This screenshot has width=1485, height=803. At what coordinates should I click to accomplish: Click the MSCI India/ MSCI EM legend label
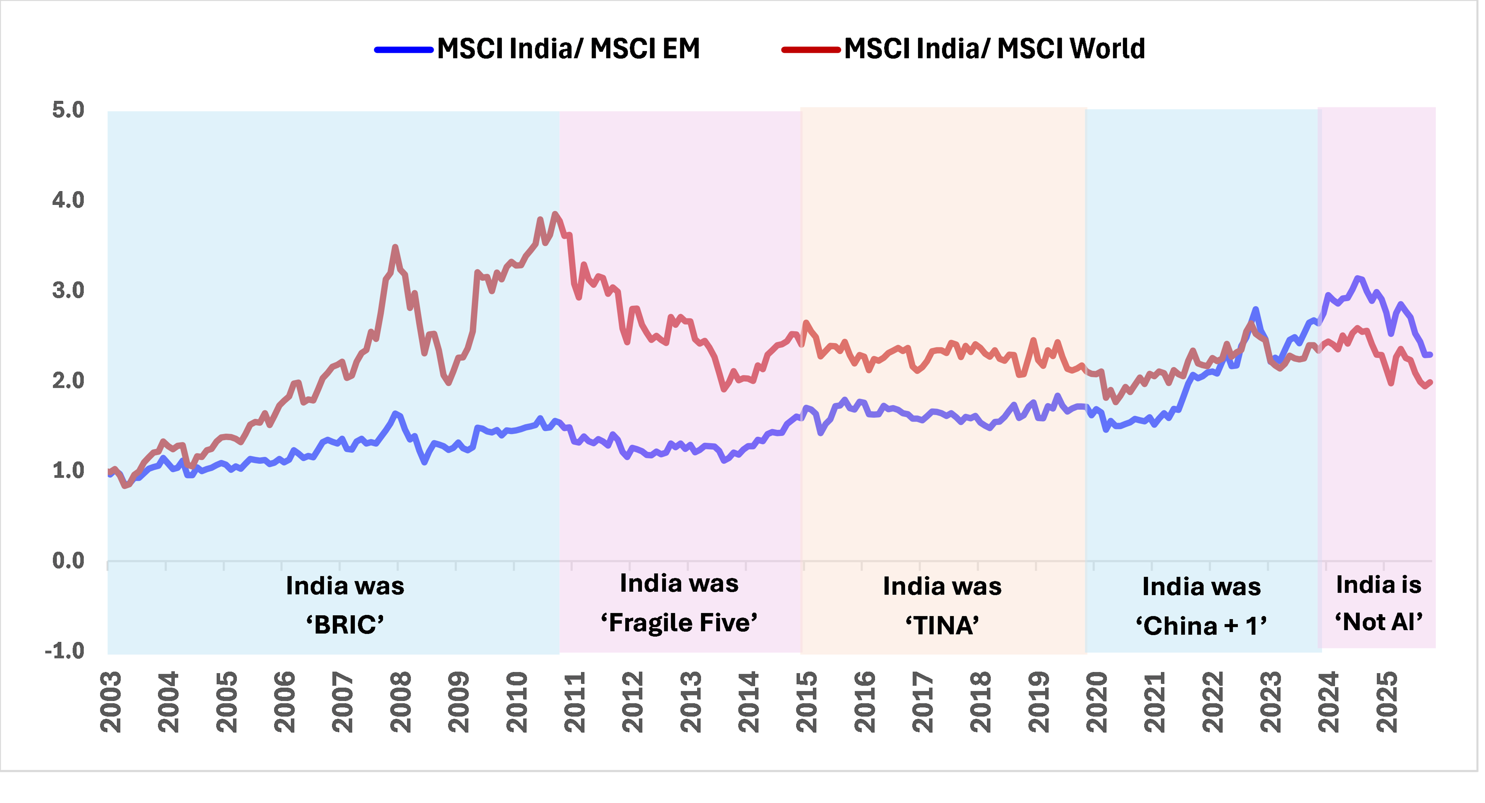(x=568, y=48)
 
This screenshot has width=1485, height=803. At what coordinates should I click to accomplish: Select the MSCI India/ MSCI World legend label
(x=994, y=48)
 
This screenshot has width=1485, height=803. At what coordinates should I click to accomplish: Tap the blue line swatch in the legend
(x=404, y=50)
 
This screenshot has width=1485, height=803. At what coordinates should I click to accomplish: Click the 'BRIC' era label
(x=345, y=624)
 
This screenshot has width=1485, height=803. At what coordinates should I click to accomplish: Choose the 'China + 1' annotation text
(x=1201, y=625)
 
